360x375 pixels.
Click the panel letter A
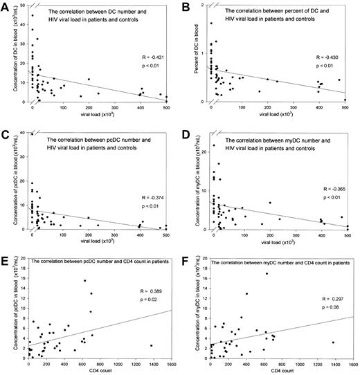click(6, 6)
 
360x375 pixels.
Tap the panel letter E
click(6, 256)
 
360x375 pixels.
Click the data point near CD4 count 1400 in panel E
click(150, 346)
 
